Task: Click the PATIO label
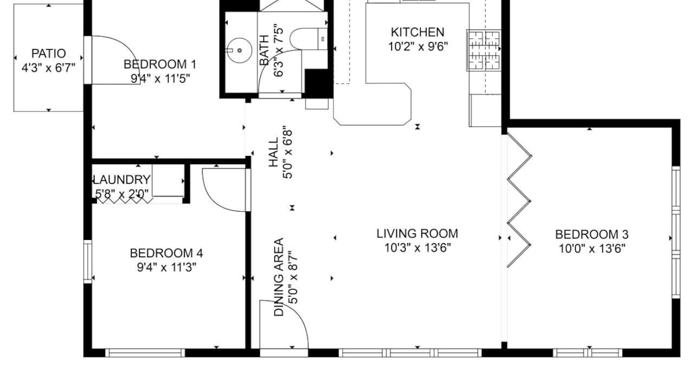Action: click(49, 54)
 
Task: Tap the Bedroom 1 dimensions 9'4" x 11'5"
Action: click(160, 79)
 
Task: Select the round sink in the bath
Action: click(239, 50)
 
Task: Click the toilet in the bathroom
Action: click(309, 38)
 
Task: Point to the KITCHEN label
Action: click(417, 32)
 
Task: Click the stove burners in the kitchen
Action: click(484, 50)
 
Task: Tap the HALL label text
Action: click(274, 153)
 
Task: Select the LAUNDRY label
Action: click(122, 179)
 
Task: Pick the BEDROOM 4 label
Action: click(166, 253)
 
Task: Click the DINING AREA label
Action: click(279, 277)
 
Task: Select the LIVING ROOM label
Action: click(417, 233)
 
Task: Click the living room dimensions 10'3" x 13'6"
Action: click(417, 248)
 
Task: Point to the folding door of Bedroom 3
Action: click(519, 200)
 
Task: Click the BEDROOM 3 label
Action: click(592, 235)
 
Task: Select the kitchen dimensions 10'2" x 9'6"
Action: click(418, 47)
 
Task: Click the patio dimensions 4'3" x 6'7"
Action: click(48, 68)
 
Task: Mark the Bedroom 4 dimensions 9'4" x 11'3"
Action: click(166, 267)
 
